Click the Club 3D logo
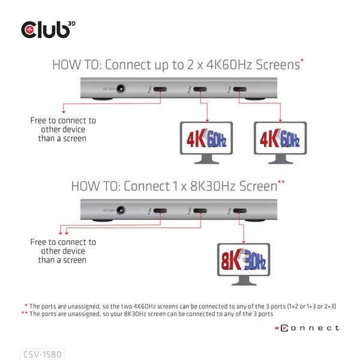48,30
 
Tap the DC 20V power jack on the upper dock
121,89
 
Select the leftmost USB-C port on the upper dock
160,89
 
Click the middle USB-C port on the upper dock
200,89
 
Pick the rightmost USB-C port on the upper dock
240,89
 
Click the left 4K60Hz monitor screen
206,138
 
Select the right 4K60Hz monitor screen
280,138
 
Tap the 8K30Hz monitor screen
244,259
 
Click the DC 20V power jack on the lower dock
121,210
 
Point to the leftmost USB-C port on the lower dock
160,211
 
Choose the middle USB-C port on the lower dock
200,211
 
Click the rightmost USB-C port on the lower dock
240,211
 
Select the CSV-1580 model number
43,354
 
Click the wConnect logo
307,328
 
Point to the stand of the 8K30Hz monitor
244,281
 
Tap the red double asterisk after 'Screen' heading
281,182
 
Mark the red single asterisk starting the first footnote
26,305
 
